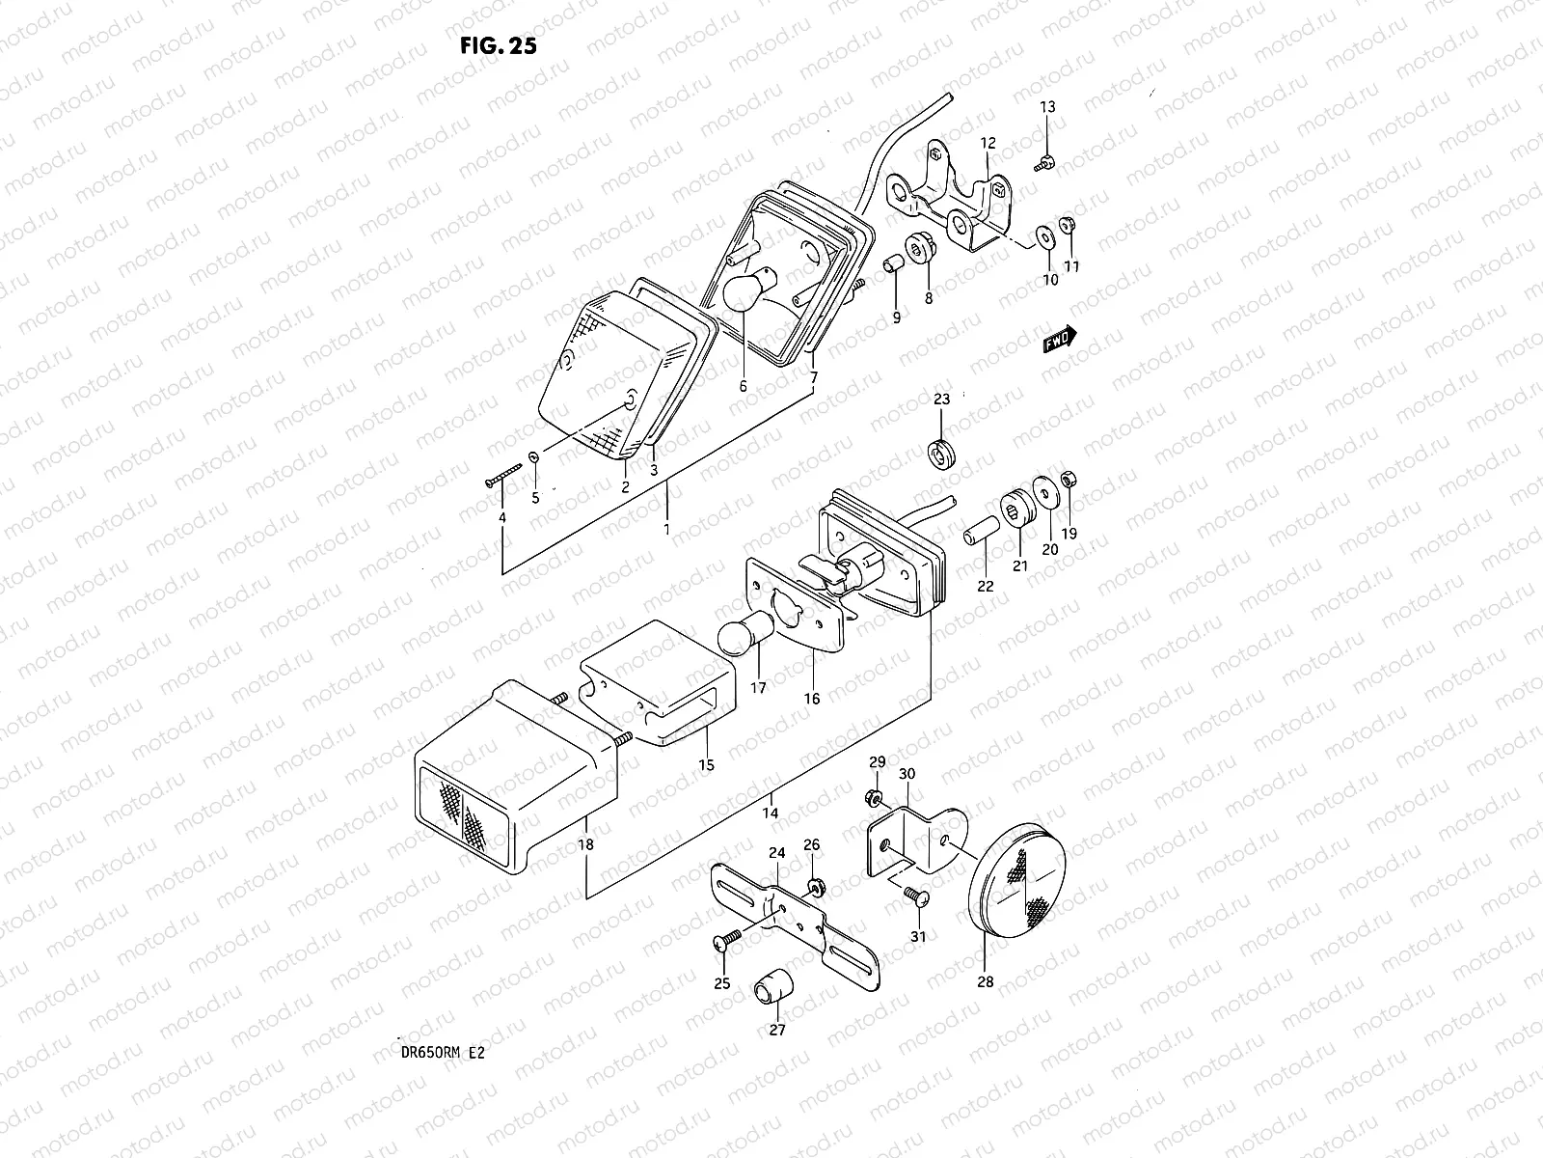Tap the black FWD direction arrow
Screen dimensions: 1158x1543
[1060, 340]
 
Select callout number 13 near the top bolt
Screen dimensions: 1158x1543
[1047, 107]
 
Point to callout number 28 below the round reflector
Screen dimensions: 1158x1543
[985, 982]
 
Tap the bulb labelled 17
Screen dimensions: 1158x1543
[741, 640]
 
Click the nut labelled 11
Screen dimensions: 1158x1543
[1069, 226]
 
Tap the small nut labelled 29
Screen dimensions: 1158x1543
[872, 797]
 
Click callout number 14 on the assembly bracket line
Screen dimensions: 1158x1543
[769, 813]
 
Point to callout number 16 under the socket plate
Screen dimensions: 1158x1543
[812, 698]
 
